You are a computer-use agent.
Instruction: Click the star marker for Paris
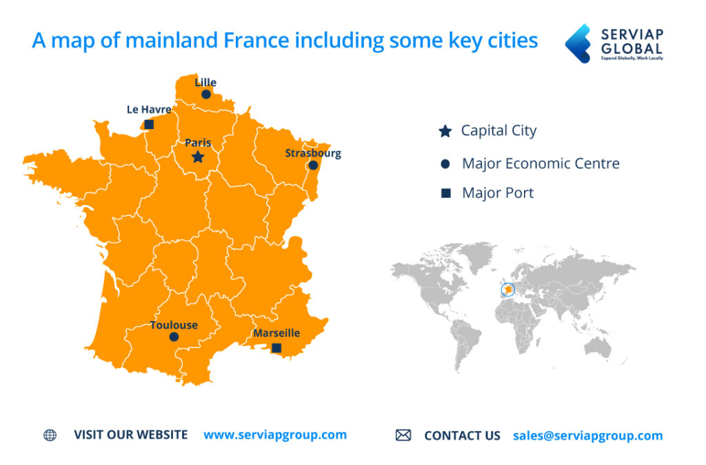point(198,157)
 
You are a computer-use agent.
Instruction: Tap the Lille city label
point(205,82)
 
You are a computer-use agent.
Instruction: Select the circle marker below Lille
point(205,95)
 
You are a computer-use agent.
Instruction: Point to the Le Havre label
point(149,109)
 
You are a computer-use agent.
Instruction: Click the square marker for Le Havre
point(149,125)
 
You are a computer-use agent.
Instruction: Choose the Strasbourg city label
point(313,153)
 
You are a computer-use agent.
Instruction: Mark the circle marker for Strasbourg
point(313,166)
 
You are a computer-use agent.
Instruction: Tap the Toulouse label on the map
point(174,325)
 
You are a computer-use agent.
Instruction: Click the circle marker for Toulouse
point(174,337)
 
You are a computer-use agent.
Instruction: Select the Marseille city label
point(276,333)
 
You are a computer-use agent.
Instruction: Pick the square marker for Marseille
point(276,348)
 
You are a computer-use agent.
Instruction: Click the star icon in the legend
point(445,131)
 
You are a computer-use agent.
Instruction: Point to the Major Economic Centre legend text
point(541,164)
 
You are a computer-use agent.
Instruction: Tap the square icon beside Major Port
point(445,194)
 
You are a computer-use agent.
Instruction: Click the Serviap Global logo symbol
point(578,43)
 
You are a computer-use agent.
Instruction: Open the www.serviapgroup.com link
point(275,435)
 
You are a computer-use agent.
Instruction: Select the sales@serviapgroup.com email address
point(587,435)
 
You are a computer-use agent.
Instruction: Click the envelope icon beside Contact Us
point(403,435)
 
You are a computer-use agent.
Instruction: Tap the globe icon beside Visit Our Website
point(50,435)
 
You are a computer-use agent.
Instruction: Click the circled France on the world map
point(508,290)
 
